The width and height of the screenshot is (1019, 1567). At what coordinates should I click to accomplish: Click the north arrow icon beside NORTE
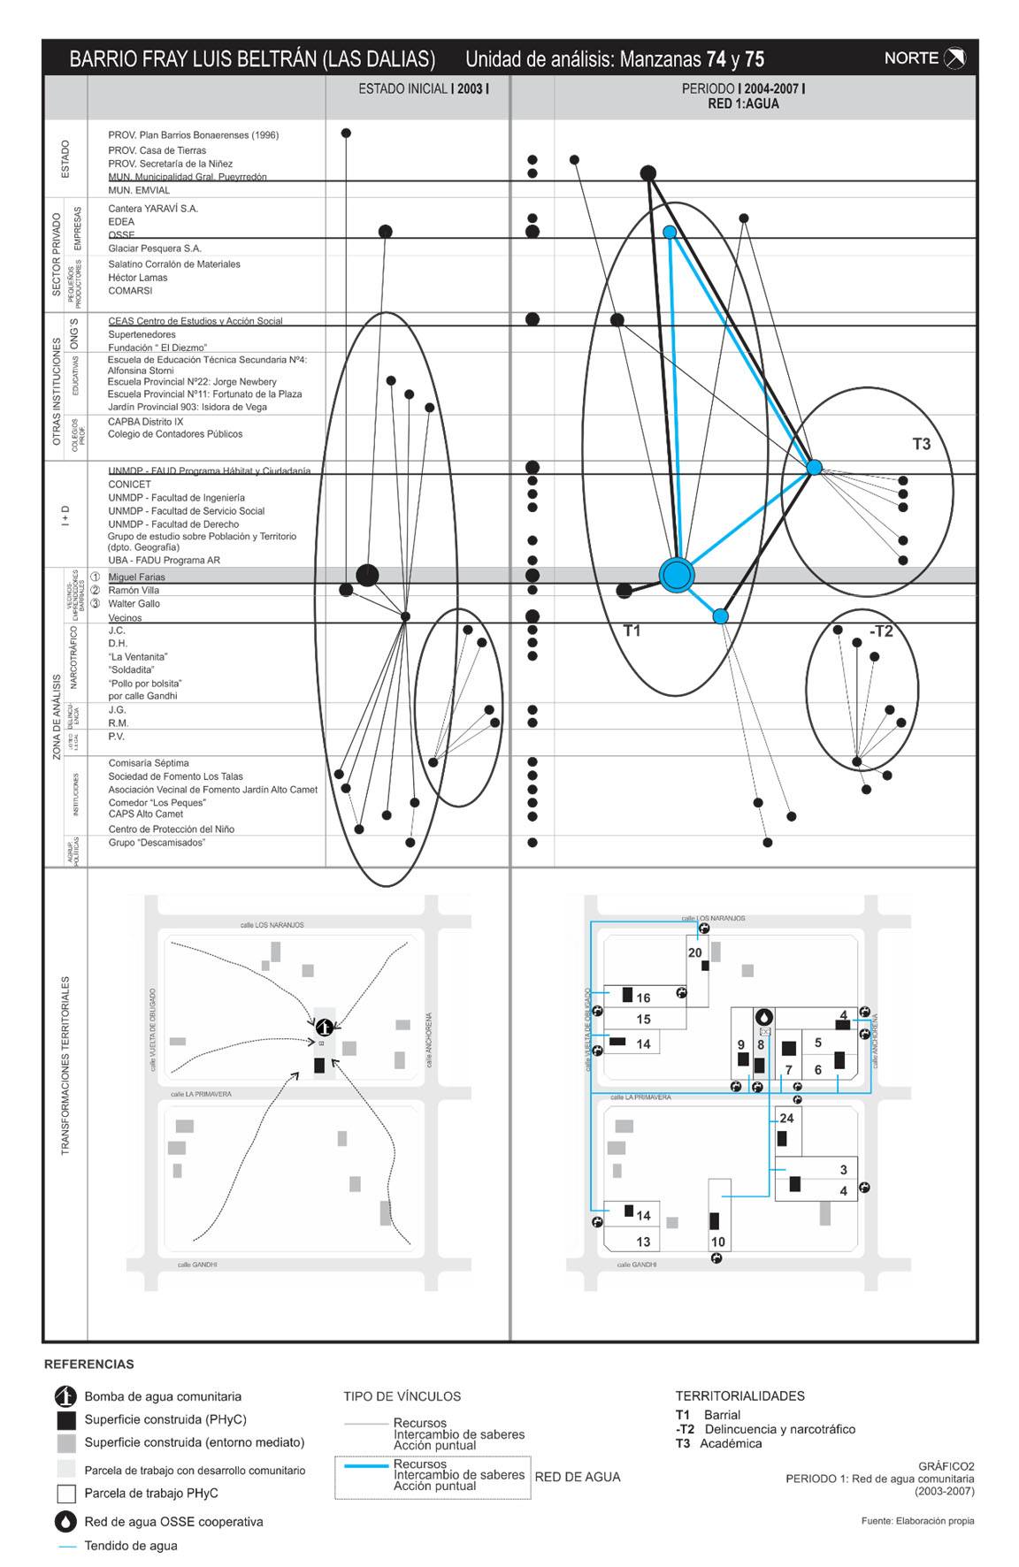(954, 58)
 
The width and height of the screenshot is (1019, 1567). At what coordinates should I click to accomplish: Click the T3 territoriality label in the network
(921, 444)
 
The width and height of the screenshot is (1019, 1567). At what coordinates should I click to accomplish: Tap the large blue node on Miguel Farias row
(676, 575)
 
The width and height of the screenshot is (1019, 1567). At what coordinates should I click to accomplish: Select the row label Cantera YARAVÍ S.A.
(153, 209)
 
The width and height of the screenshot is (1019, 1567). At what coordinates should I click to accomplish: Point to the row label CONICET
(129, 485)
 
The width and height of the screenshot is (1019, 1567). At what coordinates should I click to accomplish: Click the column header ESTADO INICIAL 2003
(423, 89)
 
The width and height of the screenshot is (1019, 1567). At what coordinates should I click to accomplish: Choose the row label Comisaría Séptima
(148, 763)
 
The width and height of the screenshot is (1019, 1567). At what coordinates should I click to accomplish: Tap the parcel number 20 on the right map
(694, 952)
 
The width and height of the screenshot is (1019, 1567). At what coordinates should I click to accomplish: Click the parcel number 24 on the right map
(786, 1118)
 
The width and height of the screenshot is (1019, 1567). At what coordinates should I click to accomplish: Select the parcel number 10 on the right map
(717, 1242)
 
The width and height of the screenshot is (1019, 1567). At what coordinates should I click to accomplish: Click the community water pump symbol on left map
(324, 1027)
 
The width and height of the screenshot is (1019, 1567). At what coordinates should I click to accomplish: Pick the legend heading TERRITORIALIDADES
(739, 1395)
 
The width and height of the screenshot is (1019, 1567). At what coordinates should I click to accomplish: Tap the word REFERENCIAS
(89, 1364)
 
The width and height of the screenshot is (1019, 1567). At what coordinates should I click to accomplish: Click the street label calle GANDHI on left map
(196, 1265)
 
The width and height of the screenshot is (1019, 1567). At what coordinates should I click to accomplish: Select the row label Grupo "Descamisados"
(157, 843)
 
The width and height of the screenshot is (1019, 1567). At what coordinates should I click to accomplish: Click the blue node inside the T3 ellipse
(814, 467)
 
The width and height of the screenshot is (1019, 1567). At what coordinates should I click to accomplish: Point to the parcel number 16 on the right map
(643, 998)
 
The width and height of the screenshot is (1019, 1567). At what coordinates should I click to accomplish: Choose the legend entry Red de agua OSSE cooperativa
(173, 1522)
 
